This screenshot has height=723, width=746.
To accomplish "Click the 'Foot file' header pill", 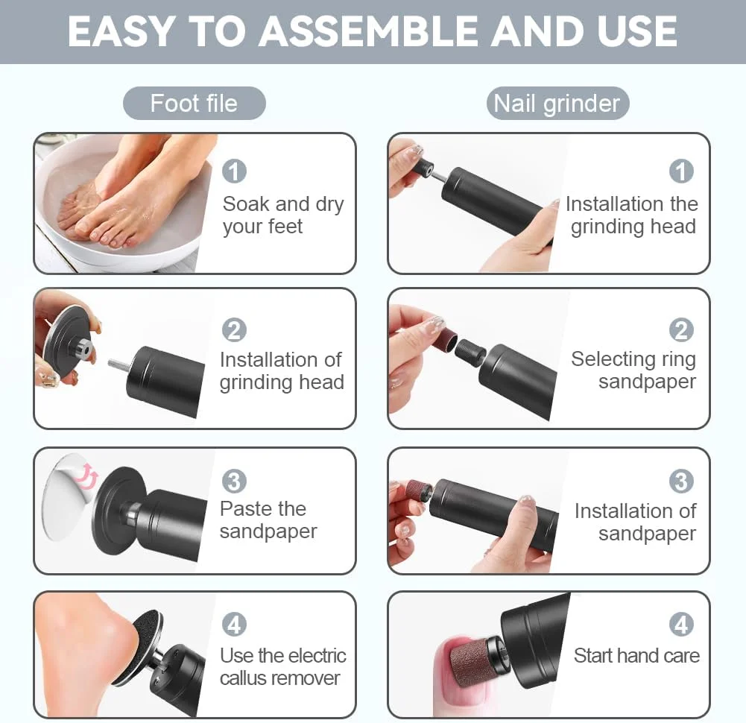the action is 194,104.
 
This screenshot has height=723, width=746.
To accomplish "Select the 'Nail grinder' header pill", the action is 557,104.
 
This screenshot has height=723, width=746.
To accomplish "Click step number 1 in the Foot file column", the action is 234,171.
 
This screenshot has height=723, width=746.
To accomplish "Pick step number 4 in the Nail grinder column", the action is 681,625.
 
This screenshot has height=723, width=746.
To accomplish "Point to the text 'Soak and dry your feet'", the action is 283,215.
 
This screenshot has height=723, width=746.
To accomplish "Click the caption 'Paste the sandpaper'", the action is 268,520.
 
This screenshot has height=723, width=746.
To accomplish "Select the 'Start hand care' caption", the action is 636,655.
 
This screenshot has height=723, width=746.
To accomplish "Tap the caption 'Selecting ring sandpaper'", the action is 633,370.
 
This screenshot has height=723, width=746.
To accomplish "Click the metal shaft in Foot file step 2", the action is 118,364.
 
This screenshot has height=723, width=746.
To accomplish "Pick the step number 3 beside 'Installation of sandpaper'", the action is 681,482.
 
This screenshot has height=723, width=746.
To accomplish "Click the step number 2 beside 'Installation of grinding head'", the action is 234,330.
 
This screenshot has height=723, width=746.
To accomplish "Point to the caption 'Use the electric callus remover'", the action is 283,667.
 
